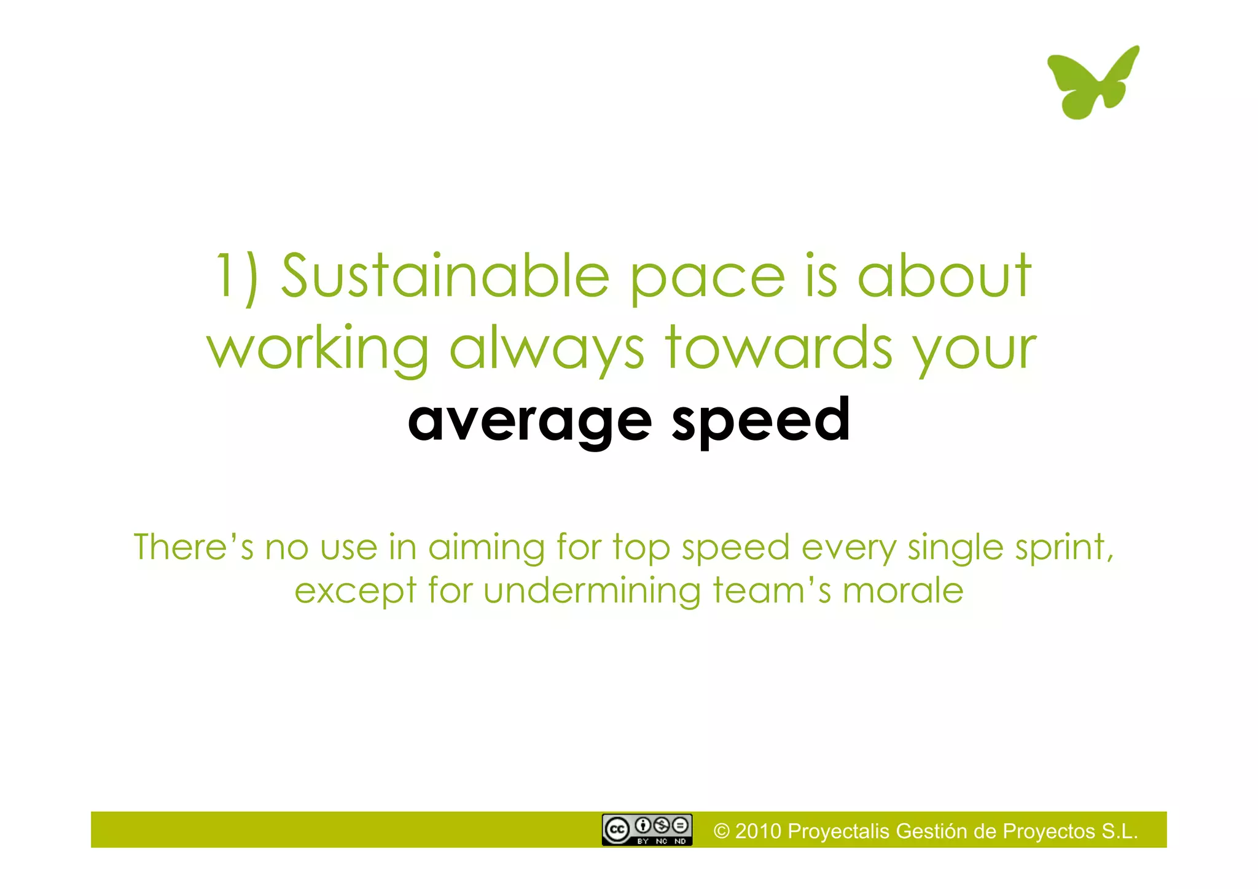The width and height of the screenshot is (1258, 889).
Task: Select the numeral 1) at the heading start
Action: tap(236, 278)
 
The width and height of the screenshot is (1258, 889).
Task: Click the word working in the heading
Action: tap(318, 348)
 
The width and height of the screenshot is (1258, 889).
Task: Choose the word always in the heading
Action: tap(547, 348)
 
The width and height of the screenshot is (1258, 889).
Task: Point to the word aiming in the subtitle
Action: tap(486, 548)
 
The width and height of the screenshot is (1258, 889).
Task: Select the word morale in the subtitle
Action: tap(902, 591)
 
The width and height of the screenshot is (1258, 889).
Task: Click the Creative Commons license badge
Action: tap(647, 830)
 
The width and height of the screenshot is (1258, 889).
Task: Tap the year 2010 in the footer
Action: tap(758, 831)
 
